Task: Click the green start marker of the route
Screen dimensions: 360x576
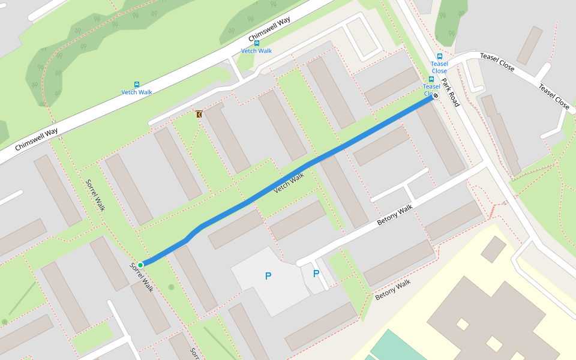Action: [140, 265]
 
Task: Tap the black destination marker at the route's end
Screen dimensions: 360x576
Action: [436, 95]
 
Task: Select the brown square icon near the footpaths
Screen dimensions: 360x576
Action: [199, 113]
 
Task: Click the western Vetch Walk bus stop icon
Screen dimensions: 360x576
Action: [137, 85]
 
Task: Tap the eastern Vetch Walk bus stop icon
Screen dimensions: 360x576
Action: [257, 43]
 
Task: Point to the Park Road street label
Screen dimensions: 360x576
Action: [451, 92]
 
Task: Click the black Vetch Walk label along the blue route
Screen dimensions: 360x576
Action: [289, 183]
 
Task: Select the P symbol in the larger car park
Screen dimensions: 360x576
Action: [268, 276]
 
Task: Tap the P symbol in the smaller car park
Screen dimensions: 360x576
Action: [316, 274]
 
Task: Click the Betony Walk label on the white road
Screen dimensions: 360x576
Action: [395, 215]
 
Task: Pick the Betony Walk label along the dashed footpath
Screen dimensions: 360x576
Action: [393, 290]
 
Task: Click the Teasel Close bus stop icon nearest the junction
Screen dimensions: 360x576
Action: [440, 56]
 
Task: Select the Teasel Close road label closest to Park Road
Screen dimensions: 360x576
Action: [498, 62]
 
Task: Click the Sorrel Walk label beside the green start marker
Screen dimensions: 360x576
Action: [142, 278]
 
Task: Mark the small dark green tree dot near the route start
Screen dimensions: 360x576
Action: [171, 287]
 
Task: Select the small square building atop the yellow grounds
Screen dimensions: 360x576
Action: [493, 249]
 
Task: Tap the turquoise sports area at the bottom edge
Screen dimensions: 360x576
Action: [396, 345]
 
